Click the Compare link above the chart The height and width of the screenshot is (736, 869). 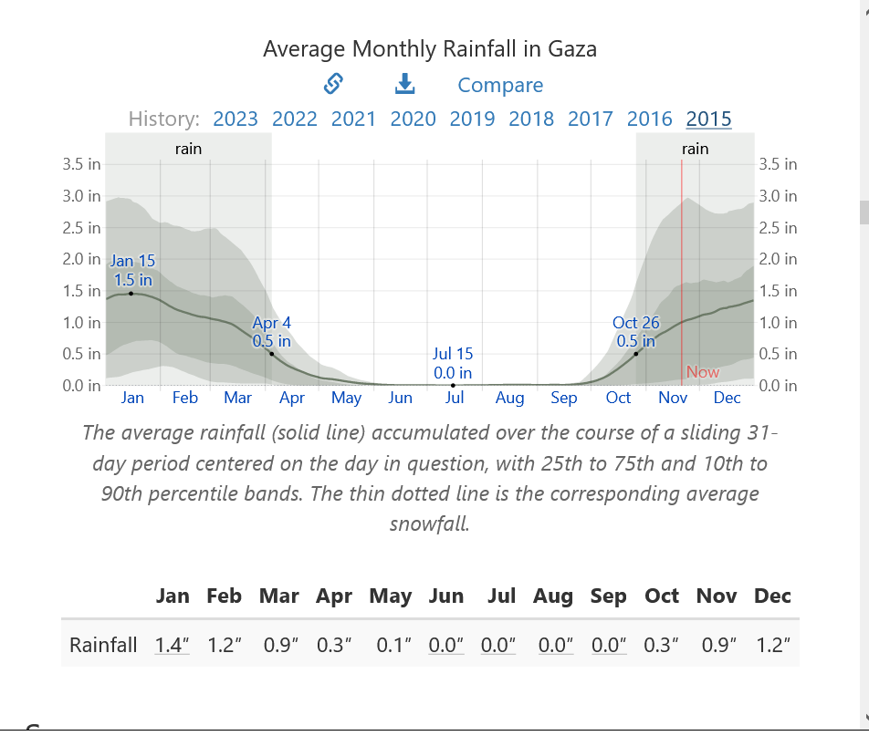(500, 85)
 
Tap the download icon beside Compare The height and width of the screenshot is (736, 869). (404, 84)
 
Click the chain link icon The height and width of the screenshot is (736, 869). (333, 84)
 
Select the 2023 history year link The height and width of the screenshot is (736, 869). (236, 119)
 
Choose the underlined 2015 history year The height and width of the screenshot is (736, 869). (708, 119)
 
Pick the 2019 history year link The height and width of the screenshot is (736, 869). (472, 119)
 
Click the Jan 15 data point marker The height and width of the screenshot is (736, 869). (131, 293)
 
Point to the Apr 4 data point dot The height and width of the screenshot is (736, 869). (271, 353)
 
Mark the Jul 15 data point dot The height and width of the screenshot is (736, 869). (454, 385)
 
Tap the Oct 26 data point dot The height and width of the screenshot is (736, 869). (636, 353)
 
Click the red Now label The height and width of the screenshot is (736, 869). (702, 372)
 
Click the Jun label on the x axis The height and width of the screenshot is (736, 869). (400, 398)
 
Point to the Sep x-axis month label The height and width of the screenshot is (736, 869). (564, 398)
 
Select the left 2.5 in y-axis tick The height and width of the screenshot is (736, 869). (82, 227)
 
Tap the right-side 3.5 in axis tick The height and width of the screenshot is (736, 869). (778, 164)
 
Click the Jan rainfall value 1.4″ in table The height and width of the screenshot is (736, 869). (173, 645)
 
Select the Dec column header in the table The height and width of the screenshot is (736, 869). (772, 596)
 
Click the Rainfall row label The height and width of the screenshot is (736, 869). (103, 645)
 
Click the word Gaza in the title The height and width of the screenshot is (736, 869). (571, 48)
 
